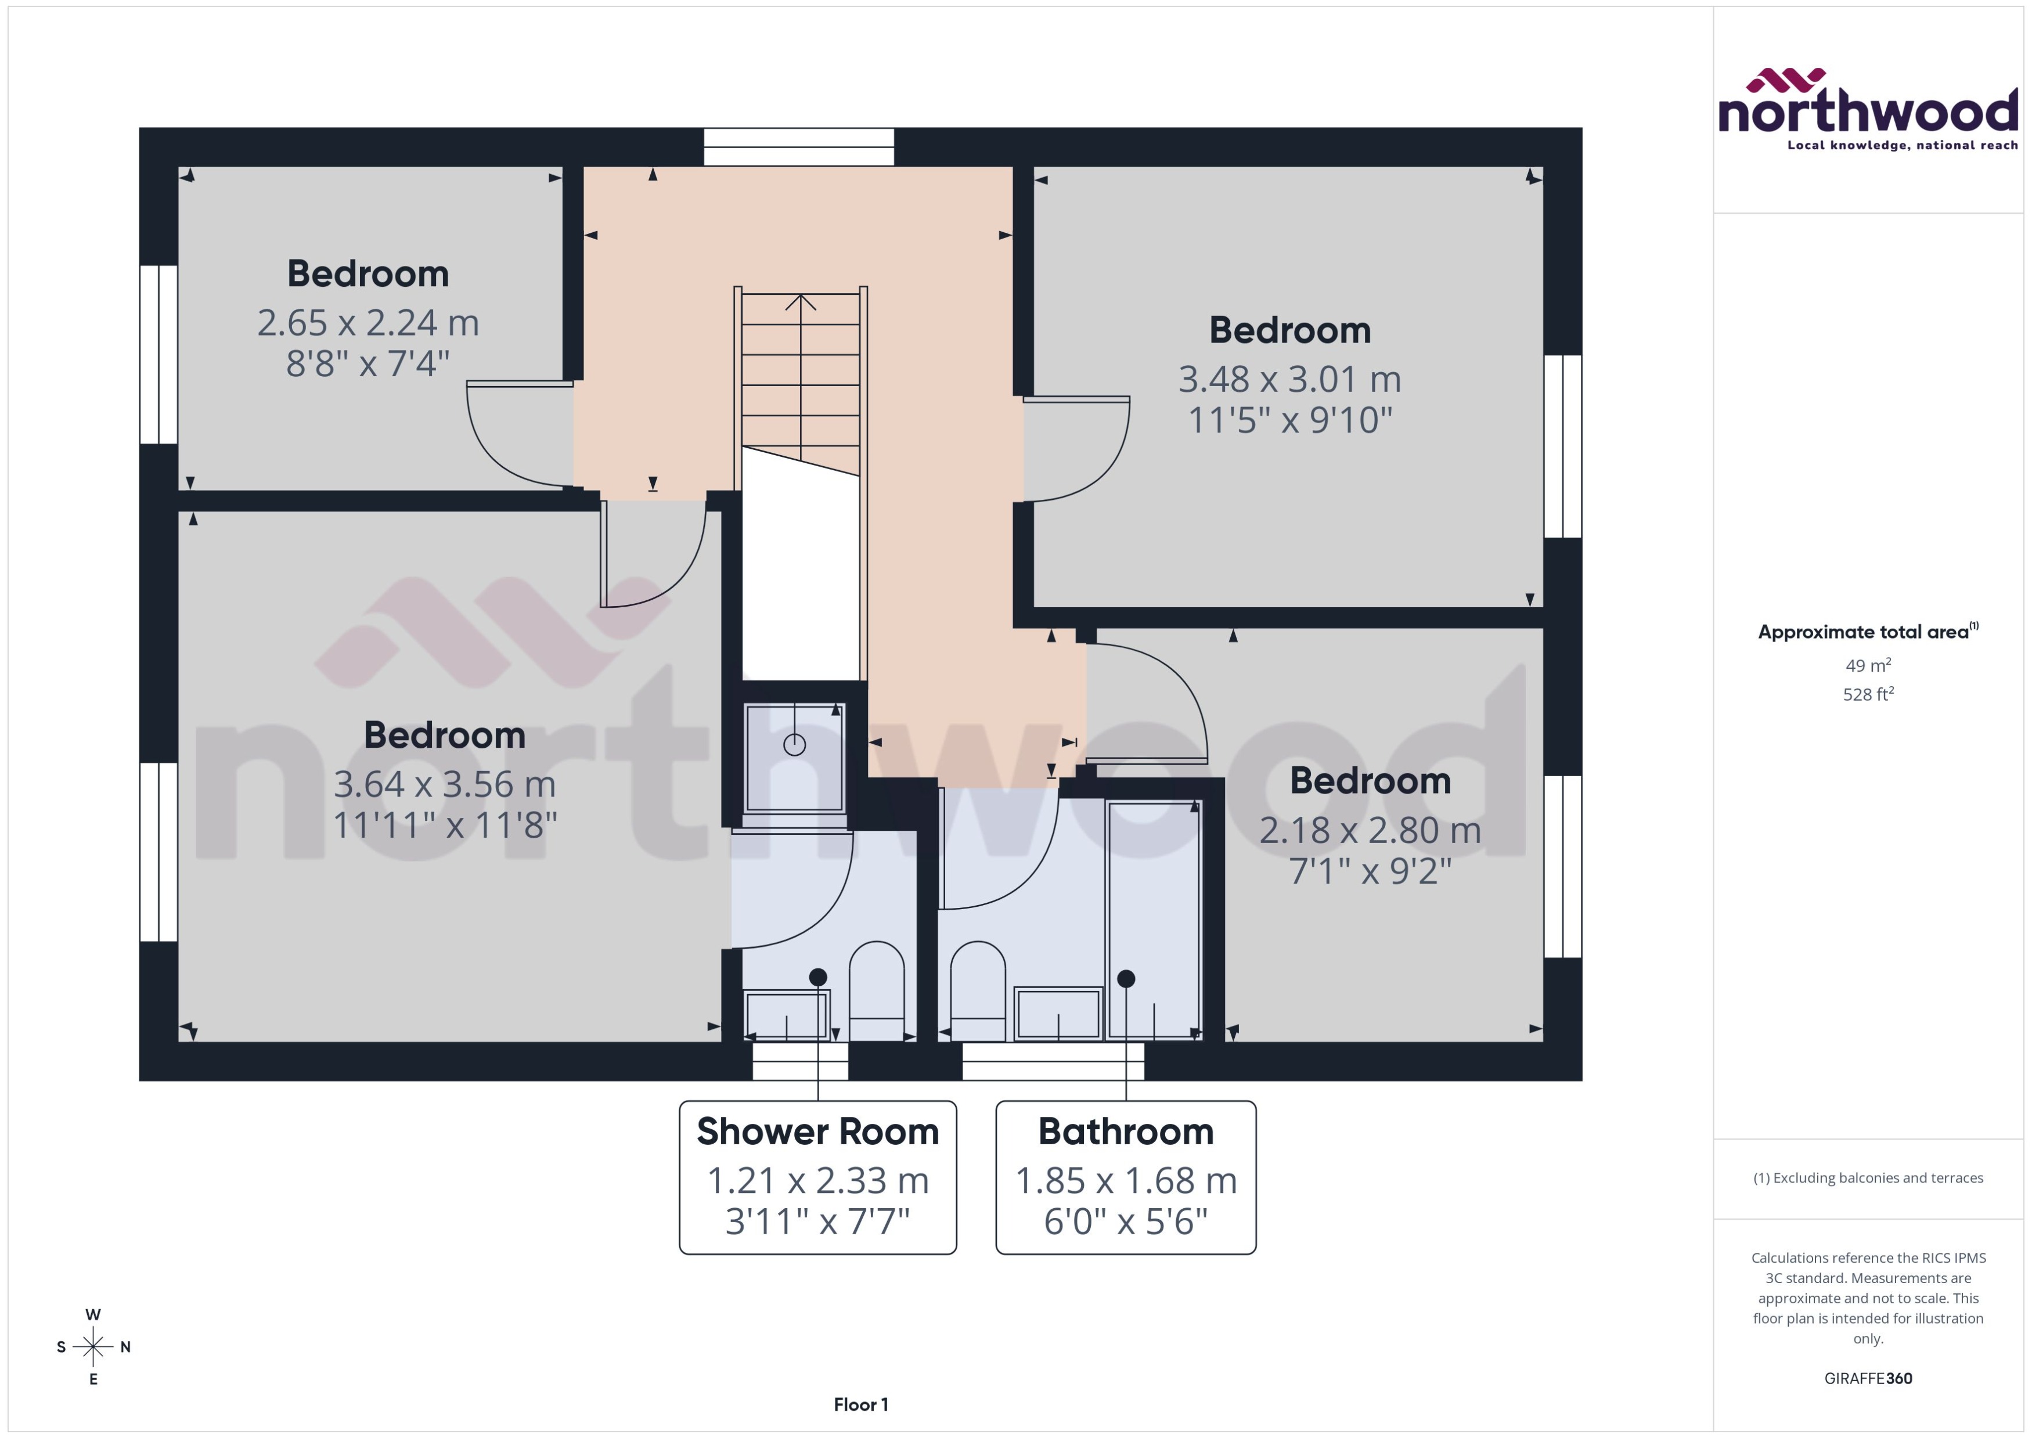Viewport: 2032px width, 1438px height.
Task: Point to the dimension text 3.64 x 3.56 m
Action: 445,784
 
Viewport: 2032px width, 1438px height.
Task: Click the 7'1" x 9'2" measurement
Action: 1370,871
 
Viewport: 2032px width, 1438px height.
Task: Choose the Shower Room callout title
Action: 817,1131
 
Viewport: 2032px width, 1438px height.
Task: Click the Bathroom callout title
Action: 1125,1131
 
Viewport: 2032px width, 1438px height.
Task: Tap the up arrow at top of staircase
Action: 801,303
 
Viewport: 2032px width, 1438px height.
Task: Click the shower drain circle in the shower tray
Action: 794,745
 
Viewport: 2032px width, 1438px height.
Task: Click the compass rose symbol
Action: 93,1347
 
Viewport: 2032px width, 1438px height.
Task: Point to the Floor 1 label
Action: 860,1404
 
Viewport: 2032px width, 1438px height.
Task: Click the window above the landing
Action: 799,147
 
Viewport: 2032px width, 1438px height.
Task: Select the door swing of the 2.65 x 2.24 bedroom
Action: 514,438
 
